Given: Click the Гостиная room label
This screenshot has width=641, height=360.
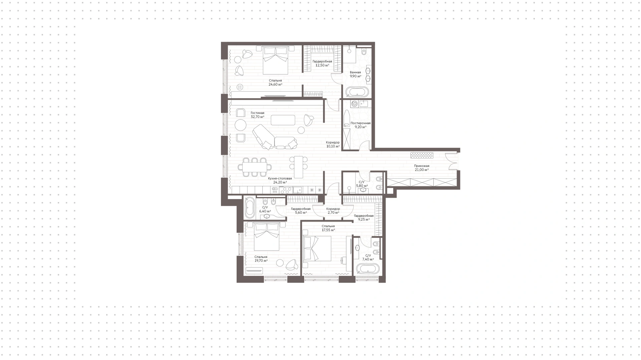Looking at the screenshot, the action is click(x=257, y=113).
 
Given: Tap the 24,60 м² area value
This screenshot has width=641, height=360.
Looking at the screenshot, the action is click(x=275, y=84).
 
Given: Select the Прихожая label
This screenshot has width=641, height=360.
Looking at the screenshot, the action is click(x=422, y=166).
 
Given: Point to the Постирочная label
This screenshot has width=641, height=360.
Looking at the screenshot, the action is click(x=361, y=123).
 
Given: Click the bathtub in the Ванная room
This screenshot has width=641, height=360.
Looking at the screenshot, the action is click(x=357, y=92).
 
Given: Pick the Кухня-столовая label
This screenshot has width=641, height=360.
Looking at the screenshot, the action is click(x=280, y=178).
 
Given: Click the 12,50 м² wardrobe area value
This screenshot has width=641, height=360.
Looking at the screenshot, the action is click(x=322, y=65).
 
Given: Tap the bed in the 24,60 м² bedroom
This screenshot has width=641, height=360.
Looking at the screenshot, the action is click(x=276, y=60).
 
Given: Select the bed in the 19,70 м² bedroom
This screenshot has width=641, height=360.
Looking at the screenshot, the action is click(x=267, y=237).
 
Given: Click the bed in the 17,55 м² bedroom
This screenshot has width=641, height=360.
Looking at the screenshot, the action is click(x=317, y=248).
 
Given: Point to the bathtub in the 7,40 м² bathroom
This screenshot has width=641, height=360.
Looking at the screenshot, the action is click(x=368, y=269).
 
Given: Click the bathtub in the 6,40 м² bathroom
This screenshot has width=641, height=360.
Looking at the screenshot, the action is click(x=249, y=207).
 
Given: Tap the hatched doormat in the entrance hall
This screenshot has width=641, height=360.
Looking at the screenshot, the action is click(x=422, y=155).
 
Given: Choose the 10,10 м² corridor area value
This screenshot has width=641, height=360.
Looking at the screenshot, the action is click(x=333, y=146).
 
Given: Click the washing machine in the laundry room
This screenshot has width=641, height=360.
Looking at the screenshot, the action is click(x=355, y=104).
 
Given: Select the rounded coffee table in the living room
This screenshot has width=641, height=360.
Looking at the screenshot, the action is click(x=283, y=120).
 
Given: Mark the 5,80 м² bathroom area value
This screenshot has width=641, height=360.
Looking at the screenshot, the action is click(x=362, y=186).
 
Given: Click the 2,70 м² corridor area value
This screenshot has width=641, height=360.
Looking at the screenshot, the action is click(x=333, y=212).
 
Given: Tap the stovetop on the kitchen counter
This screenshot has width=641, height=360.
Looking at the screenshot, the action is click(x=286, y=190).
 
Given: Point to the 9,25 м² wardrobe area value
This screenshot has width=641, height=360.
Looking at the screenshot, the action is click(x=364, y=219).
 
